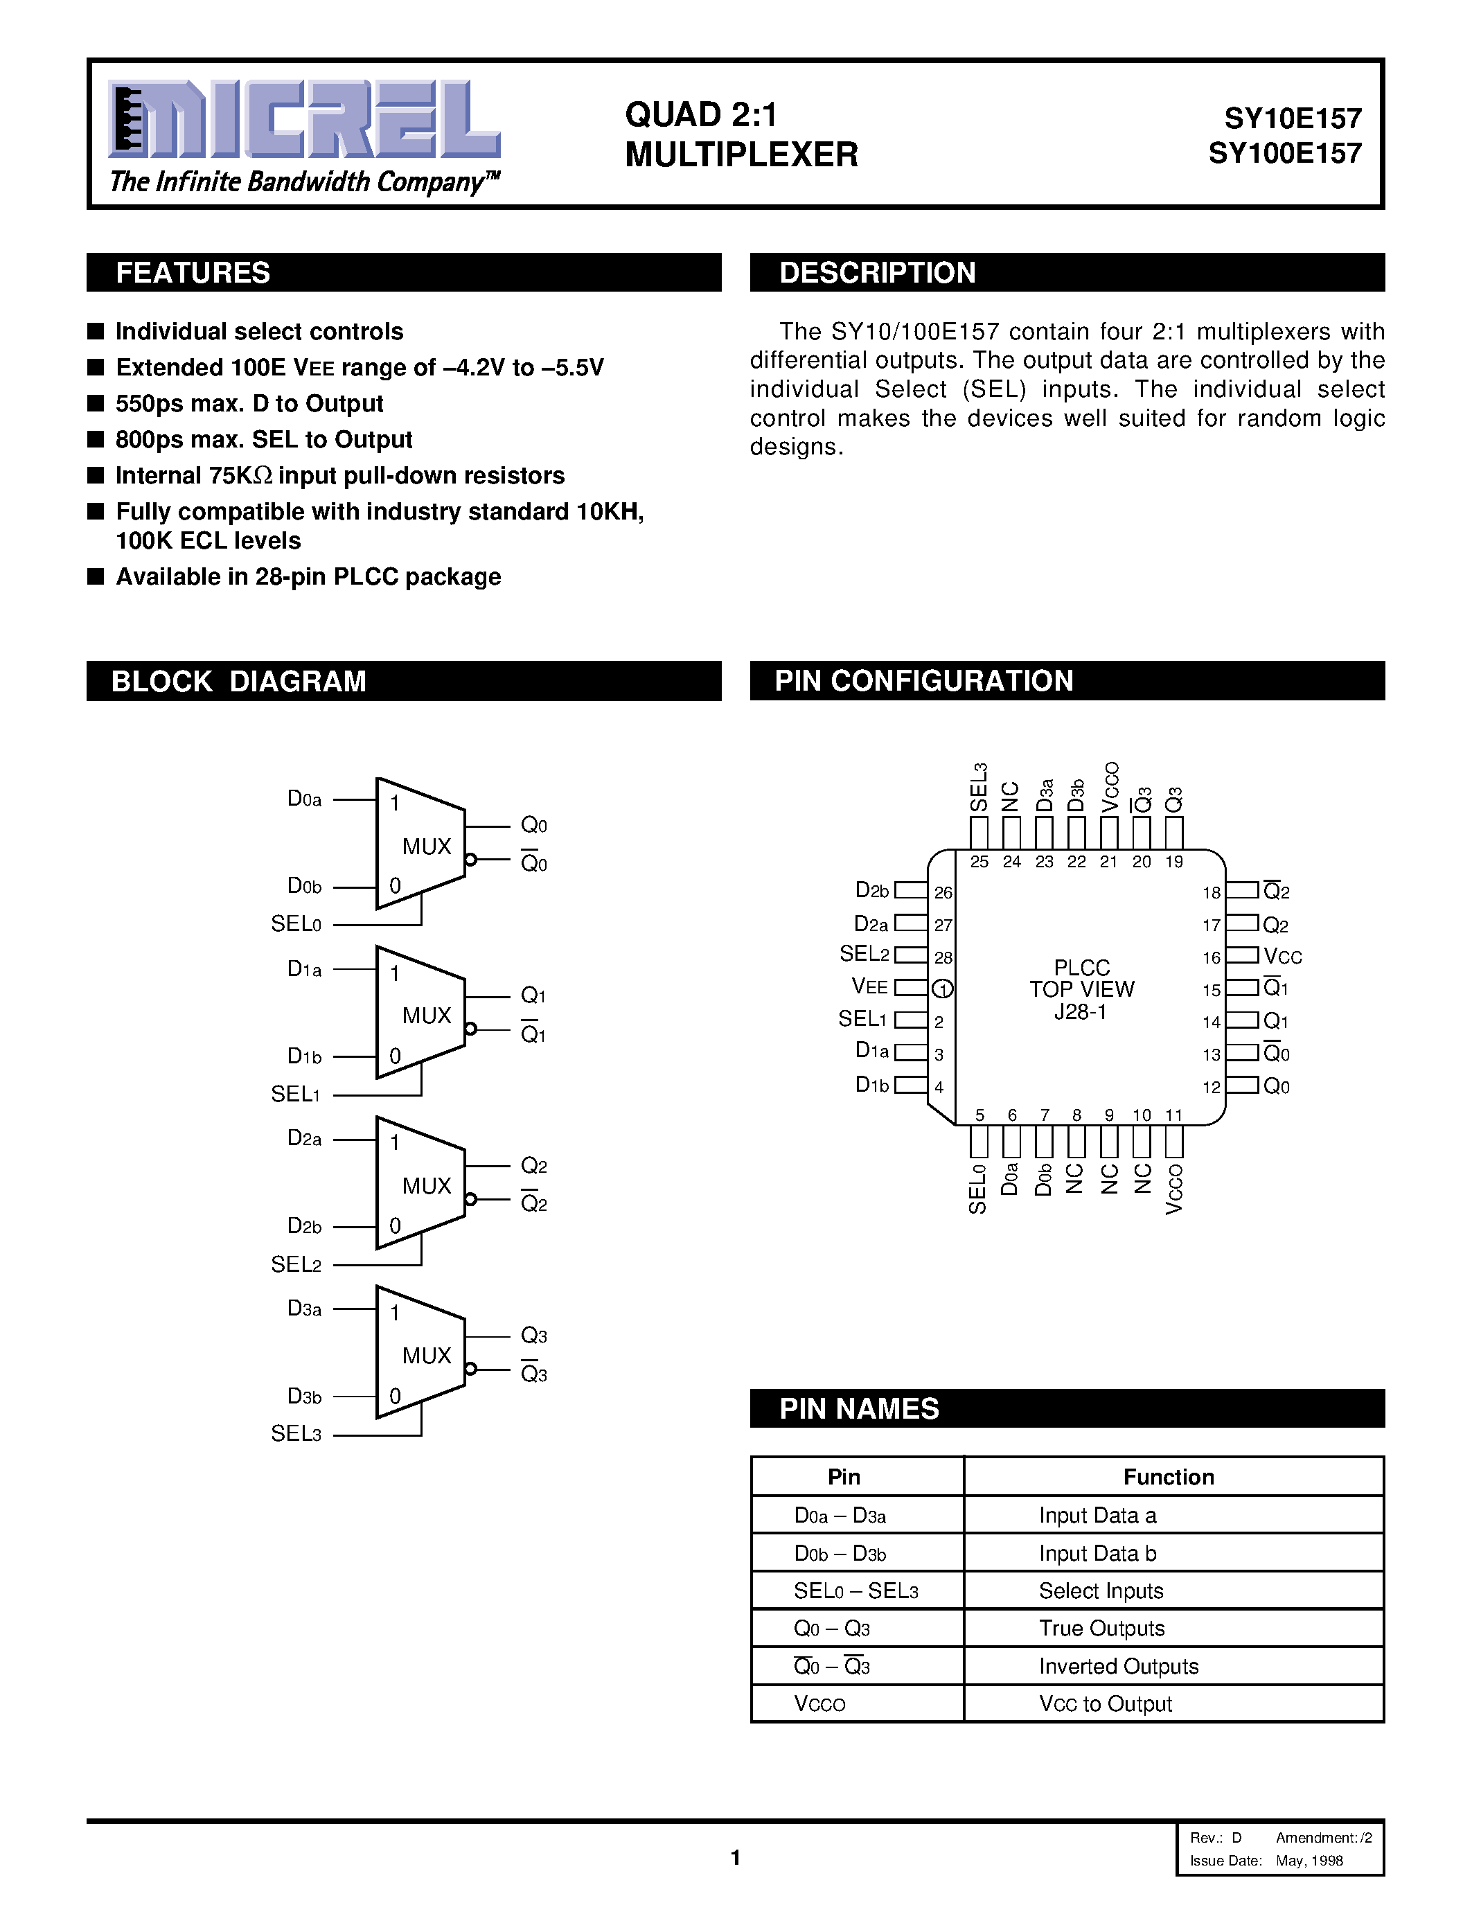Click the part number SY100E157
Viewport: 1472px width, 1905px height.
pyautogui.click(x=1284, y=154)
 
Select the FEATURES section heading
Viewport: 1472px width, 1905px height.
pyautogui.click(x=193, y=273)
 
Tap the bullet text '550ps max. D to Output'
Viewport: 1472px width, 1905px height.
pyautogui.click(x=249, y=404)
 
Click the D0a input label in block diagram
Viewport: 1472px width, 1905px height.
pyautogui.click(x=304, y=799)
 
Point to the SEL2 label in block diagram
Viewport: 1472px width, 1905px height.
pyautogui.click(x=296, y=1264)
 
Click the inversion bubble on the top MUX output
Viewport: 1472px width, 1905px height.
pyautogui.click(x=471, y=860)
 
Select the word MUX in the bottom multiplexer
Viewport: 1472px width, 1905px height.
pyautogui.click(x=427, y=1356)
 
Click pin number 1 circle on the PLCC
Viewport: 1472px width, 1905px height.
pyautogui.click(x=942, y=989)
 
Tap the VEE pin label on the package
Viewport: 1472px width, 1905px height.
pyautogui.click(x=869, y=987)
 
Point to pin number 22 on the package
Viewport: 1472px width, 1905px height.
pyautogui.click(x=1077, y=862)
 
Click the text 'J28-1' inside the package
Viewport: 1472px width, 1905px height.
pyautogui.click(x=1081, y=1012)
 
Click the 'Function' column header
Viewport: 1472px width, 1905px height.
pyautogui.click(x=1169, y=1477)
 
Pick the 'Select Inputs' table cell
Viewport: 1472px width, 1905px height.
pyautogui.click(x=1101, y=1591)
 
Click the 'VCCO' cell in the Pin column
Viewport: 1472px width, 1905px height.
pyautogui.click(x=819, y=1704)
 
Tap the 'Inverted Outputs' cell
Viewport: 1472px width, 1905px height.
pyautogui.click(x=1118, y=1667)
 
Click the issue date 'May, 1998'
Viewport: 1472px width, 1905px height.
pyautogui.click(x=1309, y=1861)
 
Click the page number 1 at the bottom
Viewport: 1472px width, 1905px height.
pyautogui.click(x=735, y=1858)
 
